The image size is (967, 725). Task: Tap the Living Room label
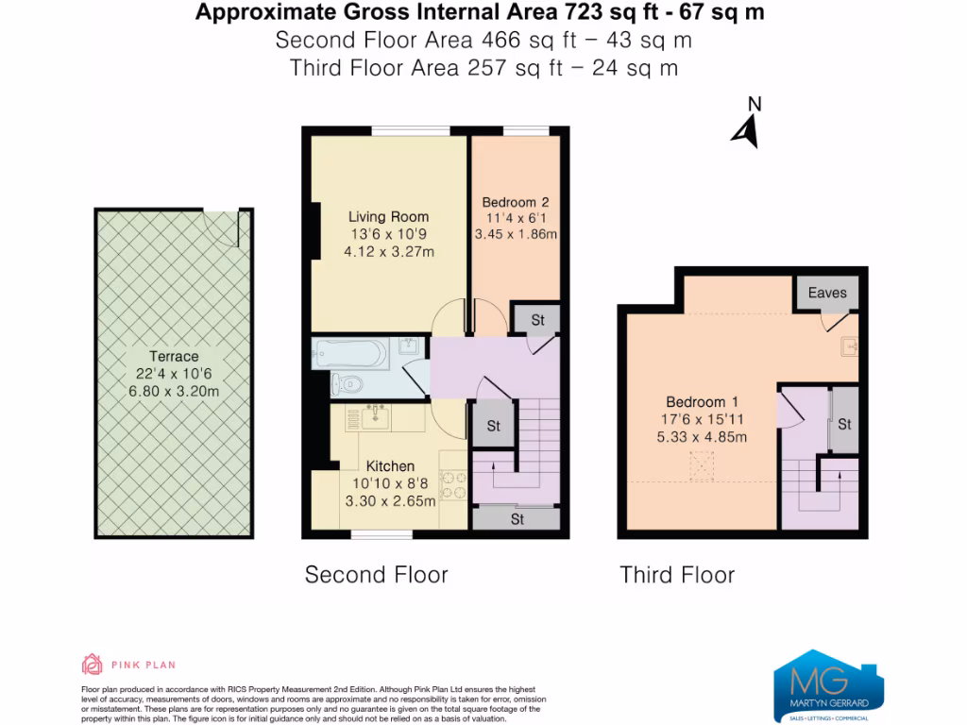pos(388,216)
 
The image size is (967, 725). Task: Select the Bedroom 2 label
pos(516,202)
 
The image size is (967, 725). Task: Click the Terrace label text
pos(174,356)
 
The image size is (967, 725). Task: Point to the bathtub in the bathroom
pos(349,354)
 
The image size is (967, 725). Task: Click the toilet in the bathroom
pos(346,383)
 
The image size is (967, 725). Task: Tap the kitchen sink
pos(376,413)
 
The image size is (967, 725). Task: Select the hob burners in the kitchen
pos(453,483)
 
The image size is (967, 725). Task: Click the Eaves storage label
pos(827,293)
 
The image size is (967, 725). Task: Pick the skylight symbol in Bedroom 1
pos(702,465)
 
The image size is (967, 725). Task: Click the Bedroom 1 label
pos(696,401)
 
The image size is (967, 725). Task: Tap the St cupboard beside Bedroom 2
pos(536,320)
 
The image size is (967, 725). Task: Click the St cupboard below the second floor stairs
pos(517,519)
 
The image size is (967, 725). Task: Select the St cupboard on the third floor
pos(843,424)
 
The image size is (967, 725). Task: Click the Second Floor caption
pos(376,575)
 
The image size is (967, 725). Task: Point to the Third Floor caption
pos(677,575)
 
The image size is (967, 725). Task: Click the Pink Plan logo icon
pos(93,665)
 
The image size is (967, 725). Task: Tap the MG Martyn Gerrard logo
pos(828,687)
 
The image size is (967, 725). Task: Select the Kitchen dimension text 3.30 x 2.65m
pos(389,501)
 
